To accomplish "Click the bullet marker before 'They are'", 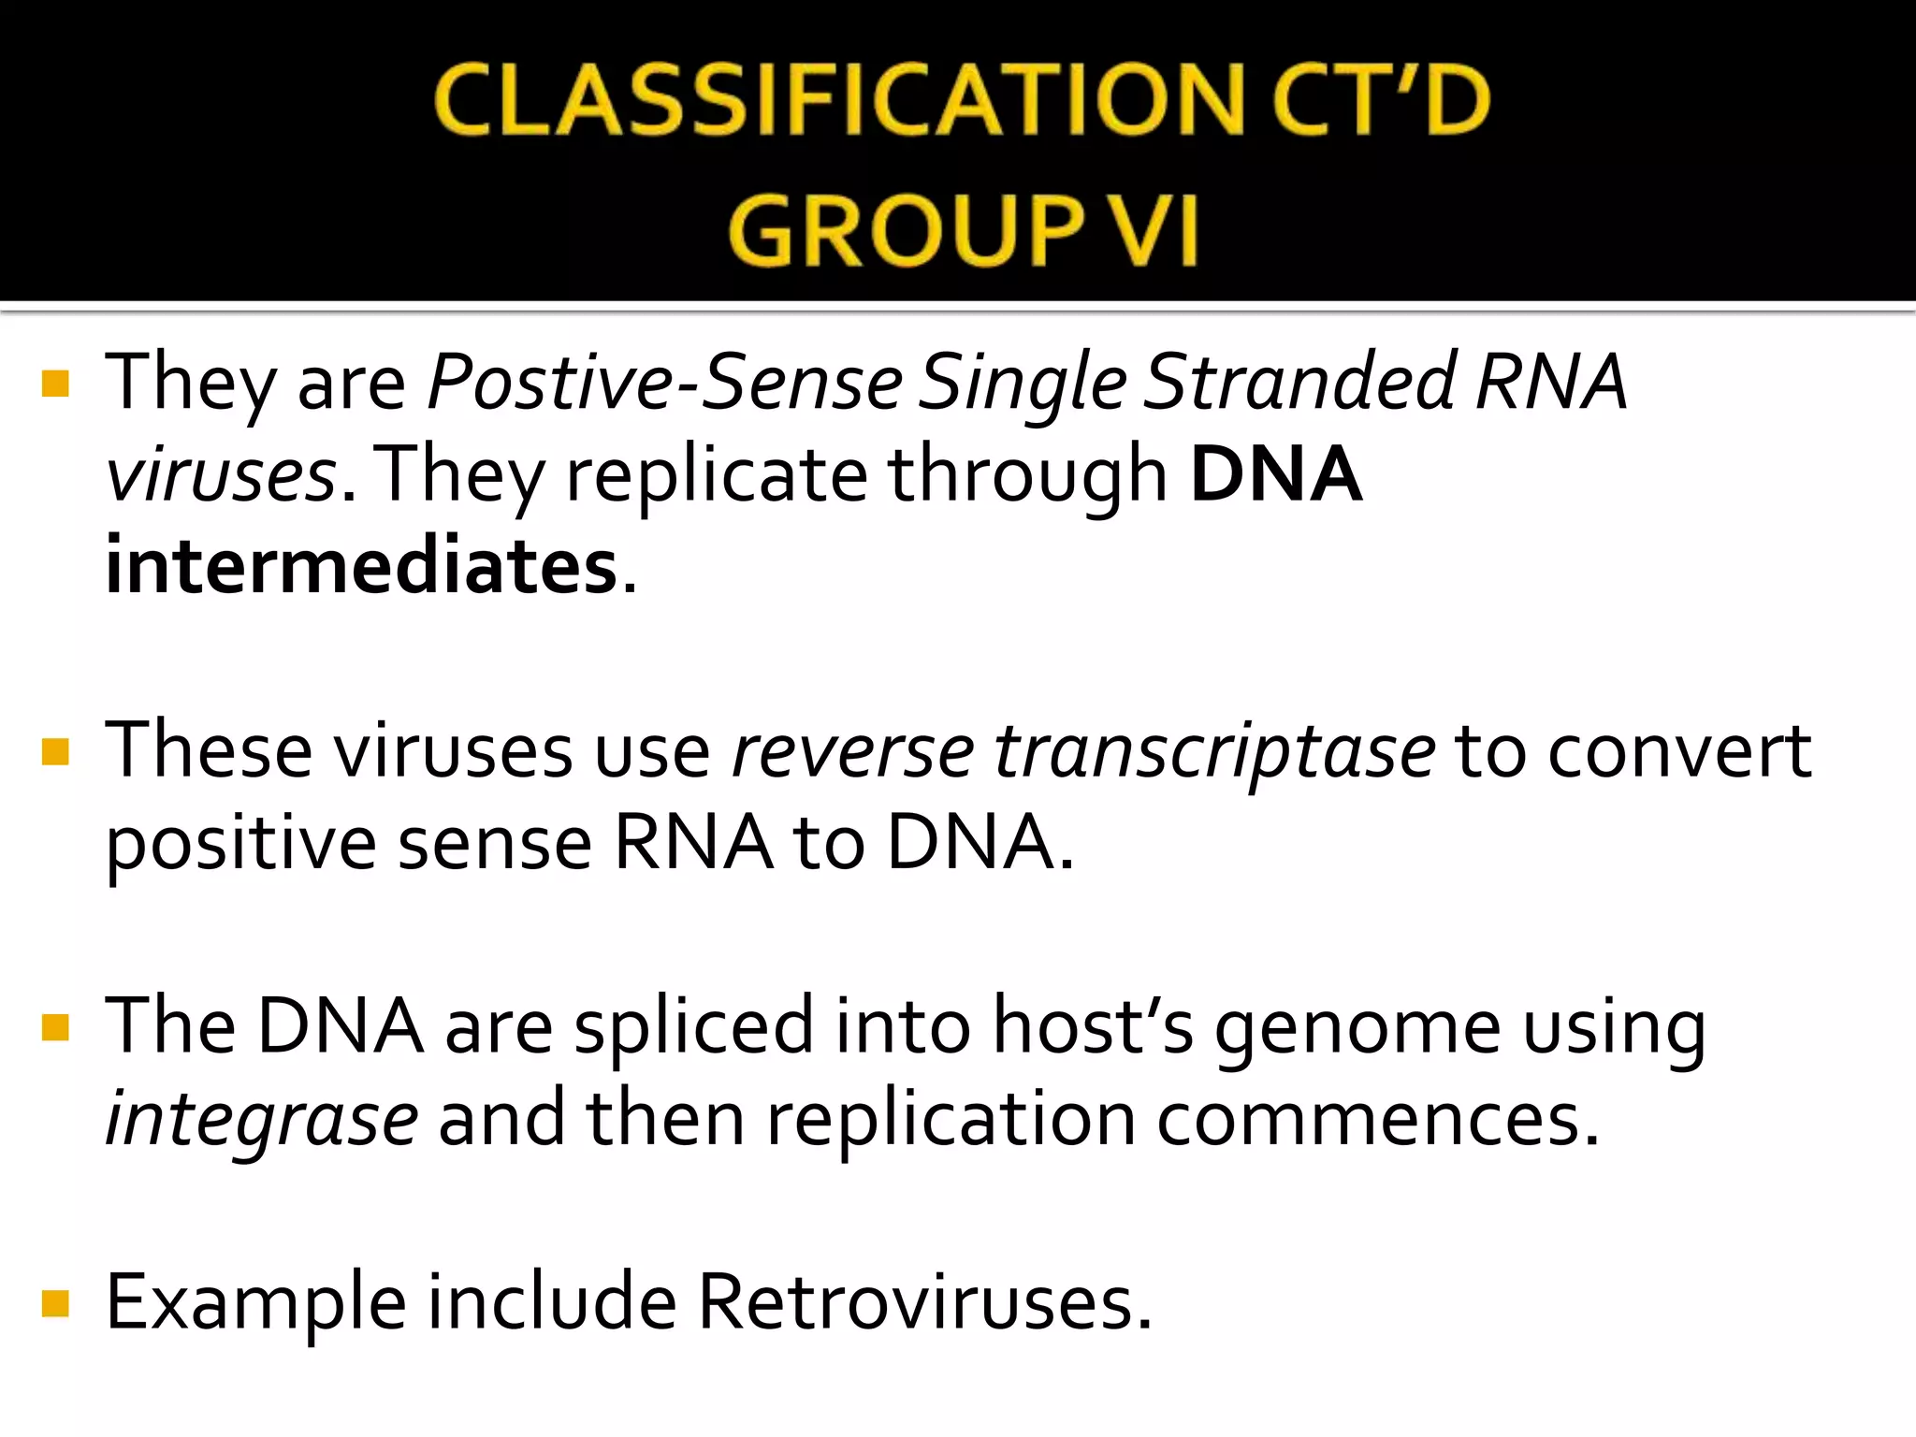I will [x=56, y=384].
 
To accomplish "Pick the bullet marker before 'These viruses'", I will [x=56, y=751].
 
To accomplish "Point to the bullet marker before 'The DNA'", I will [x=56, y=1027].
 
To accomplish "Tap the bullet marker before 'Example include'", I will [x=56, y=1303].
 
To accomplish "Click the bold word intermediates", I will [x=361, y=567].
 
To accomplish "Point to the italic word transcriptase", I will [x=1214, y=751].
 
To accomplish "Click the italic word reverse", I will [x=852, y=751].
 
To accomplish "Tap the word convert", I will [x=1679, y=751].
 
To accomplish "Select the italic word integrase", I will [x=261, y=1120].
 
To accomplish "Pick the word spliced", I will [x=693, y=1027].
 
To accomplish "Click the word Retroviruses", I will [x=923, y=1303].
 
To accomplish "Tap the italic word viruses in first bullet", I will [x=221, y=474].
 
